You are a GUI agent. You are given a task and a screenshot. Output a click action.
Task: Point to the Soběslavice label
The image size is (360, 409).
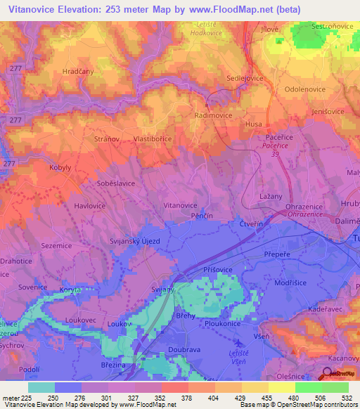[115, 183]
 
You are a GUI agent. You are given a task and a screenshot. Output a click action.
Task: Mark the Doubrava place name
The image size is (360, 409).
[185, 349]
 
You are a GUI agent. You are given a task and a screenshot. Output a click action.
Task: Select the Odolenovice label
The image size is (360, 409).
[307, 90]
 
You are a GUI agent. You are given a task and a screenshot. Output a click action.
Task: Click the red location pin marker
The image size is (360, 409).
[328, 373]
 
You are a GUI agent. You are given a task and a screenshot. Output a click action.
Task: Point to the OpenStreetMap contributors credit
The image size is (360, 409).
[323, 405]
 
